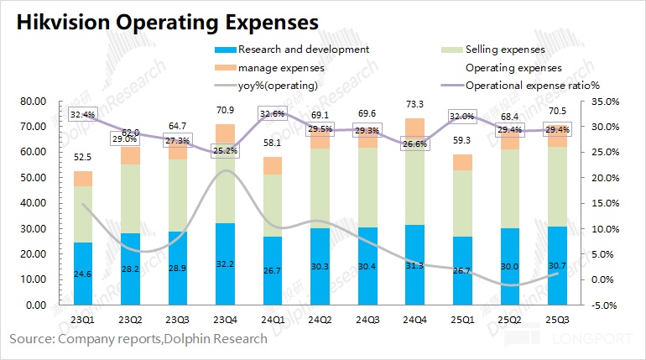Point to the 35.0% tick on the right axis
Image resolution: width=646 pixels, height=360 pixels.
pos(604,102)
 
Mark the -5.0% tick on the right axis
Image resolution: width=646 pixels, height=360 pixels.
pos(604,305)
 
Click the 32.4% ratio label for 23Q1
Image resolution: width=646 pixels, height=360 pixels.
pos(83,114)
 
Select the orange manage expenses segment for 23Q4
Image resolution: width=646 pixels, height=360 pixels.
pos(225,135)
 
